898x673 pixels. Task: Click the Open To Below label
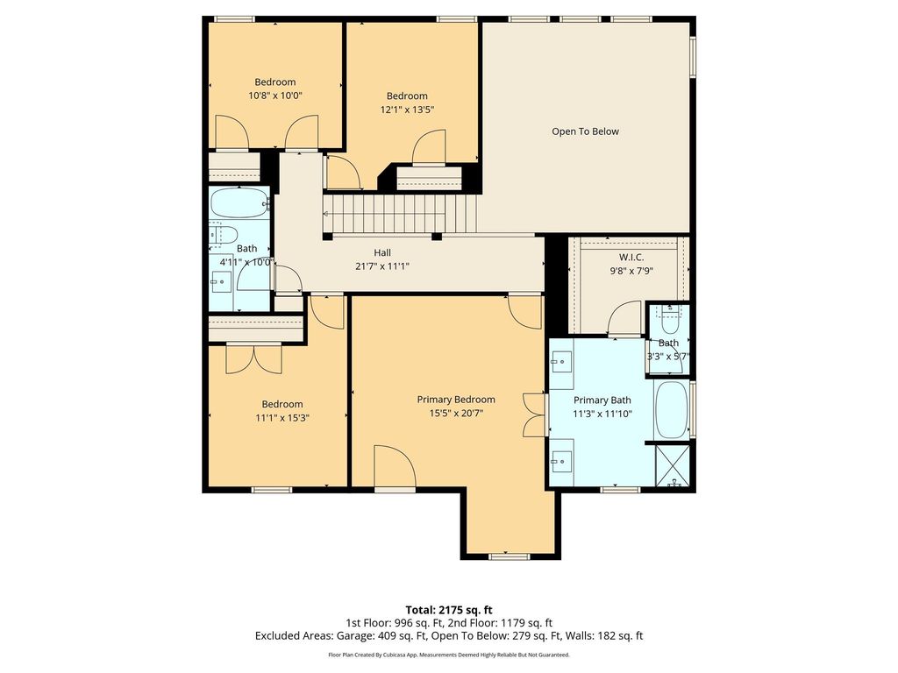[x=585, y=131]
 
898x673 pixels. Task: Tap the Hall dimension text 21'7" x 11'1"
[x=382, y=266]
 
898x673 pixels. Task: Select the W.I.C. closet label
[x=631, y=258]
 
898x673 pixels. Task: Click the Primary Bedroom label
[x=456, y=400]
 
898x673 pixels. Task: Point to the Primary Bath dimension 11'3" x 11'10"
[x=602, y=414]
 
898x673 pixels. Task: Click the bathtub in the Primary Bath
[x=671, y=410]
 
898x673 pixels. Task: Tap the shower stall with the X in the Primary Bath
[x=673, y=464]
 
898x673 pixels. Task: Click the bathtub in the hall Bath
[x=240, y=202]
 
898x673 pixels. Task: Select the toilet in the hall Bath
[x=224, y=235]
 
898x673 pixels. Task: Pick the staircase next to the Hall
[x=400, y=214]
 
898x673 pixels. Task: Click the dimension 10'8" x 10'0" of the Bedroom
[x=274, y=96]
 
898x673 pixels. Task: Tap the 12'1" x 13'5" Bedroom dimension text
[x=407, y=110]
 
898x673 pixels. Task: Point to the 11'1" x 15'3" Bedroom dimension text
[x=282, y=418]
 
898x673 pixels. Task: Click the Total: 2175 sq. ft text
[x=449, y=610]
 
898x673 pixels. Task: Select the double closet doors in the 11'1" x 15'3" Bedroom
[x=253, y=358]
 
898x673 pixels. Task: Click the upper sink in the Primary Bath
[x=561, y=362]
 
